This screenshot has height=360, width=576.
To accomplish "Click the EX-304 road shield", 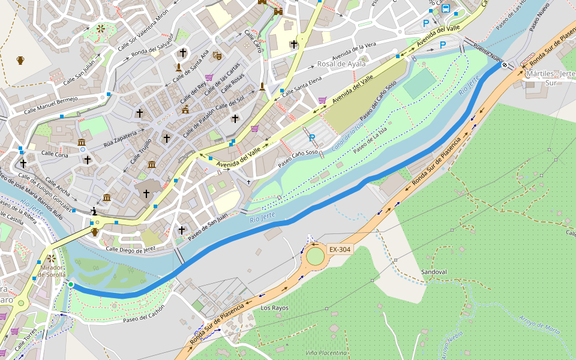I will pyautogui.click(x=339, y=249).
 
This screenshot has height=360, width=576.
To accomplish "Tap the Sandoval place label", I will pyautogui.click(x=434, y=272).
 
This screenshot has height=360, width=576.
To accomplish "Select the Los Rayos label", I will pyautogui.click(x=274, y=308).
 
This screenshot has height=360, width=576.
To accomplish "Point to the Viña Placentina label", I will pyautogui.click(x=326, y=353).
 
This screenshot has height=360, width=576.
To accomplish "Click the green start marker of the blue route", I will pyautogui.click(x=70, y=284).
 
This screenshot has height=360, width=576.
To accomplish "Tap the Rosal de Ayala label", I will pyautogui.click(x=341, y=64).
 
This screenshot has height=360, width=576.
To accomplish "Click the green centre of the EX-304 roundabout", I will pyautogui.click(x=315, y=256).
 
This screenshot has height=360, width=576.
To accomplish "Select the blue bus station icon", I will pyautogui.click(x=446, y=8).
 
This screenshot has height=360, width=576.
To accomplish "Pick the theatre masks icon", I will pyautogui.click(x=217, y=55).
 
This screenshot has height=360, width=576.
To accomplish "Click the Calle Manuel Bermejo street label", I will pyautogui.click(x=51, y=106).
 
